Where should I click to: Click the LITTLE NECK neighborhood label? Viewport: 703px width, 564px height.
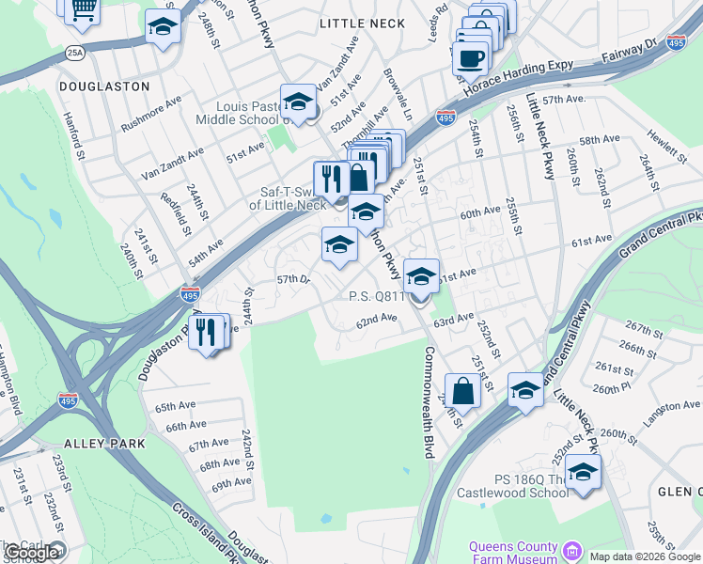pyautogui.click(x=362, y=23)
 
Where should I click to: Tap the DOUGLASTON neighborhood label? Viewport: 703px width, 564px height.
pyautogui.click(x=104, y=86)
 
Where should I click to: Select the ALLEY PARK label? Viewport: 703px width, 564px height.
pyautogui.click(x=104, y=443)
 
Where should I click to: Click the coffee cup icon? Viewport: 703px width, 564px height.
pyautogui.click(x=470, y=57)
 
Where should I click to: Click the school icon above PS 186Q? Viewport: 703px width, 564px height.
pyautogui.click(x=583, y=472)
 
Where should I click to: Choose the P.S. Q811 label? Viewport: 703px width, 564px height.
pyautogui.click(x=376, y=296)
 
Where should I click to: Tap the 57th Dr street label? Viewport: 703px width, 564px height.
pyautogui.click(x=293, y=279)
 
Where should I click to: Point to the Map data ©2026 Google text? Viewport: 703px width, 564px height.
pyautogui.click(x=645, y=556)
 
